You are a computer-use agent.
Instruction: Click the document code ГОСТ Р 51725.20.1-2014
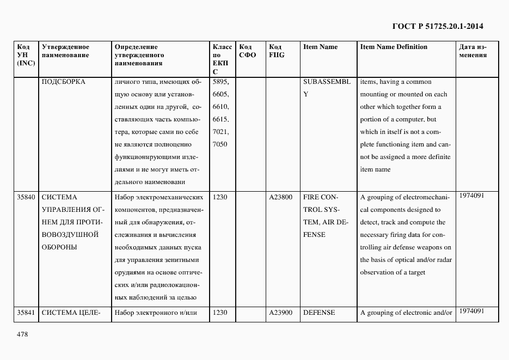click(437, 26)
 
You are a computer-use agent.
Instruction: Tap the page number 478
click(23, 334)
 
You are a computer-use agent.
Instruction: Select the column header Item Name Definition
click(394, 47)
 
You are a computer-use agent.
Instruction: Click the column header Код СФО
click(247, 51)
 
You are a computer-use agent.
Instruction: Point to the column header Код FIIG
click(277, 51)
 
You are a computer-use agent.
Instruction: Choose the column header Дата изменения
click(473, 51)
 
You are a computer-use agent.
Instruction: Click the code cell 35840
click(26, 197)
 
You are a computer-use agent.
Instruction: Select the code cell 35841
click(26, 313)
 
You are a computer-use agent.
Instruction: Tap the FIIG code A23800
click(280, 197)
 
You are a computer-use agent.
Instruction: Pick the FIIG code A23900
click(280, 313)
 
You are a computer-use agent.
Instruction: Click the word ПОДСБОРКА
click(63, 82)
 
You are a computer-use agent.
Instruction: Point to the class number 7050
click(220, 144)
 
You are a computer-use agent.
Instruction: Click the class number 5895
click(220, 82)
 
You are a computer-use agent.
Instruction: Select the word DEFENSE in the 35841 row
click(318, 313)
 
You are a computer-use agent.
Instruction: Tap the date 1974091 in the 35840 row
click(471, 195)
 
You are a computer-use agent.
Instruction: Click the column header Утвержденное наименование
click(65, 51)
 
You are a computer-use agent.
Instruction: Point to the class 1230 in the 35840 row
click(220, 197)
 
